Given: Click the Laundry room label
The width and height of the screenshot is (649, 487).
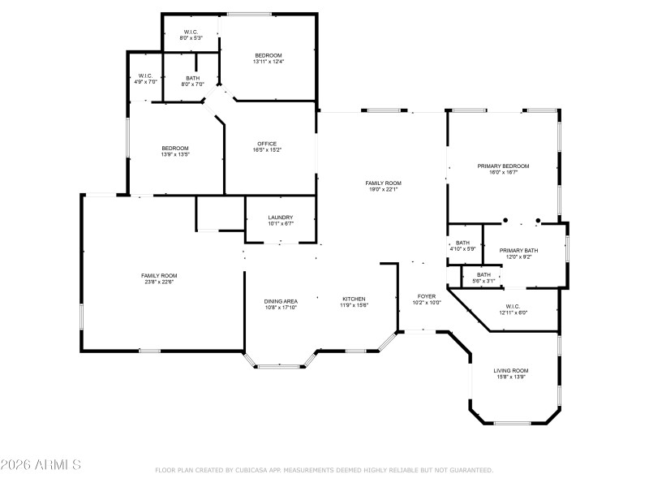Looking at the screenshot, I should (x=280, y=218).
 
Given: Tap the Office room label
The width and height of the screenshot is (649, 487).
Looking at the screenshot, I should (x=269, y=143).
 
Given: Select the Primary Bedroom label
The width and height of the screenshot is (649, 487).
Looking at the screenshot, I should (x=503, y=166).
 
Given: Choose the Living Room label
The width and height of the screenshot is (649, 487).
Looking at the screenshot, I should (x=511, y=370).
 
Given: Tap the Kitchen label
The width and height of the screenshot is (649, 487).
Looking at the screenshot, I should (x=354, y=299).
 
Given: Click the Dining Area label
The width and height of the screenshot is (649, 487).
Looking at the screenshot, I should (x=281, y=301).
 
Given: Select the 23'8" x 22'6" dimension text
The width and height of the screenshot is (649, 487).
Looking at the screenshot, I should (x=159, y=282).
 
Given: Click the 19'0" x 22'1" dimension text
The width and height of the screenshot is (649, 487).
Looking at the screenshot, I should (x=383, y=190).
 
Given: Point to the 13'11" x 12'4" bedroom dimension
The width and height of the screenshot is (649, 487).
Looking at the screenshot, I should (x=268, y=62).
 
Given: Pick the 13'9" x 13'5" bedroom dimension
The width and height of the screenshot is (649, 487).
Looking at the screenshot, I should (x=174, y=154).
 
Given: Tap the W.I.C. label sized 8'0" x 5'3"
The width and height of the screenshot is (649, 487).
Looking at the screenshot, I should (x=191, y=32).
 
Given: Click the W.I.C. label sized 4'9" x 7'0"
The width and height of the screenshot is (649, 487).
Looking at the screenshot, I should (x=145, y=75).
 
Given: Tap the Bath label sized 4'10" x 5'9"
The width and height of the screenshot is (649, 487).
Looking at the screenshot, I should (x=462, y=243).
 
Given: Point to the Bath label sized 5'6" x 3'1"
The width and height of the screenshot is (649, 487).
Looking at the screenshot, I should (x=484, y=274).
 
